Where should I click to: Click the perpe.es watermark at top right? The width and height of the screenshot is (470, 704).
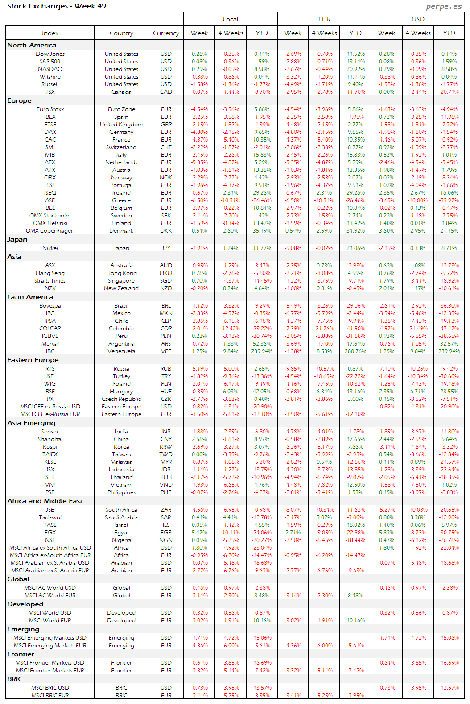tap(444, 6)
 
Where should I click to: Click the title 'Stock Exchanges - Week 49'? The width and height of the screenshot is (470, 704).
tap(57, 6)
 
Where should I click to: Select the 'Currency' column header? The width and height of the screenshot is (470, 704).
tap(166, 33)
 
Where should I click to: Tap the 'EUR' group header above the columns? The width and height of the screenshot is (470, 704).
tap(324, 19)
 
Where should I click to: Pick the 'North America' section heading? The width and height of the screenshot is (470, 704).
tap(32, 45)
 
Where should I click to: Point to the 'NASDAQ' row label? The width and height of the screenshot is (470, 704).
tap(50, 69)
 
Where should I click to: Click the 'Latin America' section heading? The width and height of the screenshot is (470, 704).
tap(30, 297)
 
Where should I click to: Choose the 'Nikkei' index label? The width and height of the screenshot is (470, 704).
tap(50, 248)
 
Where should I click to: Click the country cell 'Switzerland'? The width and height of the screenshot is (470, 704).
tap(121, 147)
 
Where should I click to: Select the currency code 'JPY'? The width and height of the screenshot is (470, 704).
tap(166, 248)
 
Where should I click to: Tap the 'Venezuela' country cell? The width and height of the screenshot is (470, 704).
tap(121, 351)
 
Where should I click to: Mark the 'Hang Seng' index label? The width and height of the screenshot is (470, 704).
tap(50, 273)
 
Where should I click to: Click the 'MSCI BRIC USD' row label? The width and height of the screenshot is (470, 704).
tap(50, 688)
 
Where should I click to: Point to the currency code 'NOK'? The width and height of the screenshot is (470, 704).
tap(166, 178)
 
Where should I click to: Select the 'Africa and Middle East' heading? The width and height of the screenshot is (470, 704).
tap(45, 501)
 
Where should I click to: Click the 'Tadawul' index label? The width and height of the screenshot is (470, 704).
tap(50, 517)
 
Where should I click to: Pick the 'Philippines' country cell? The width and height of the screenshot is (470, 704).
tap(121, 492)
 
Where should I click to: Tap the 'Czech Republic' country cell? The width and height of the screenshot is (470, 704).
tap(121, 399)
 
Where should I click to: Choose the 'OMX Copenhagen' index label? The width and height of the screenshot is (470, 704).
tap(50, 231)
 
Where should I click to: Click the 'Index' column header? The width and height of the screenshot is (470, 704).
tap(50, 33)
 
